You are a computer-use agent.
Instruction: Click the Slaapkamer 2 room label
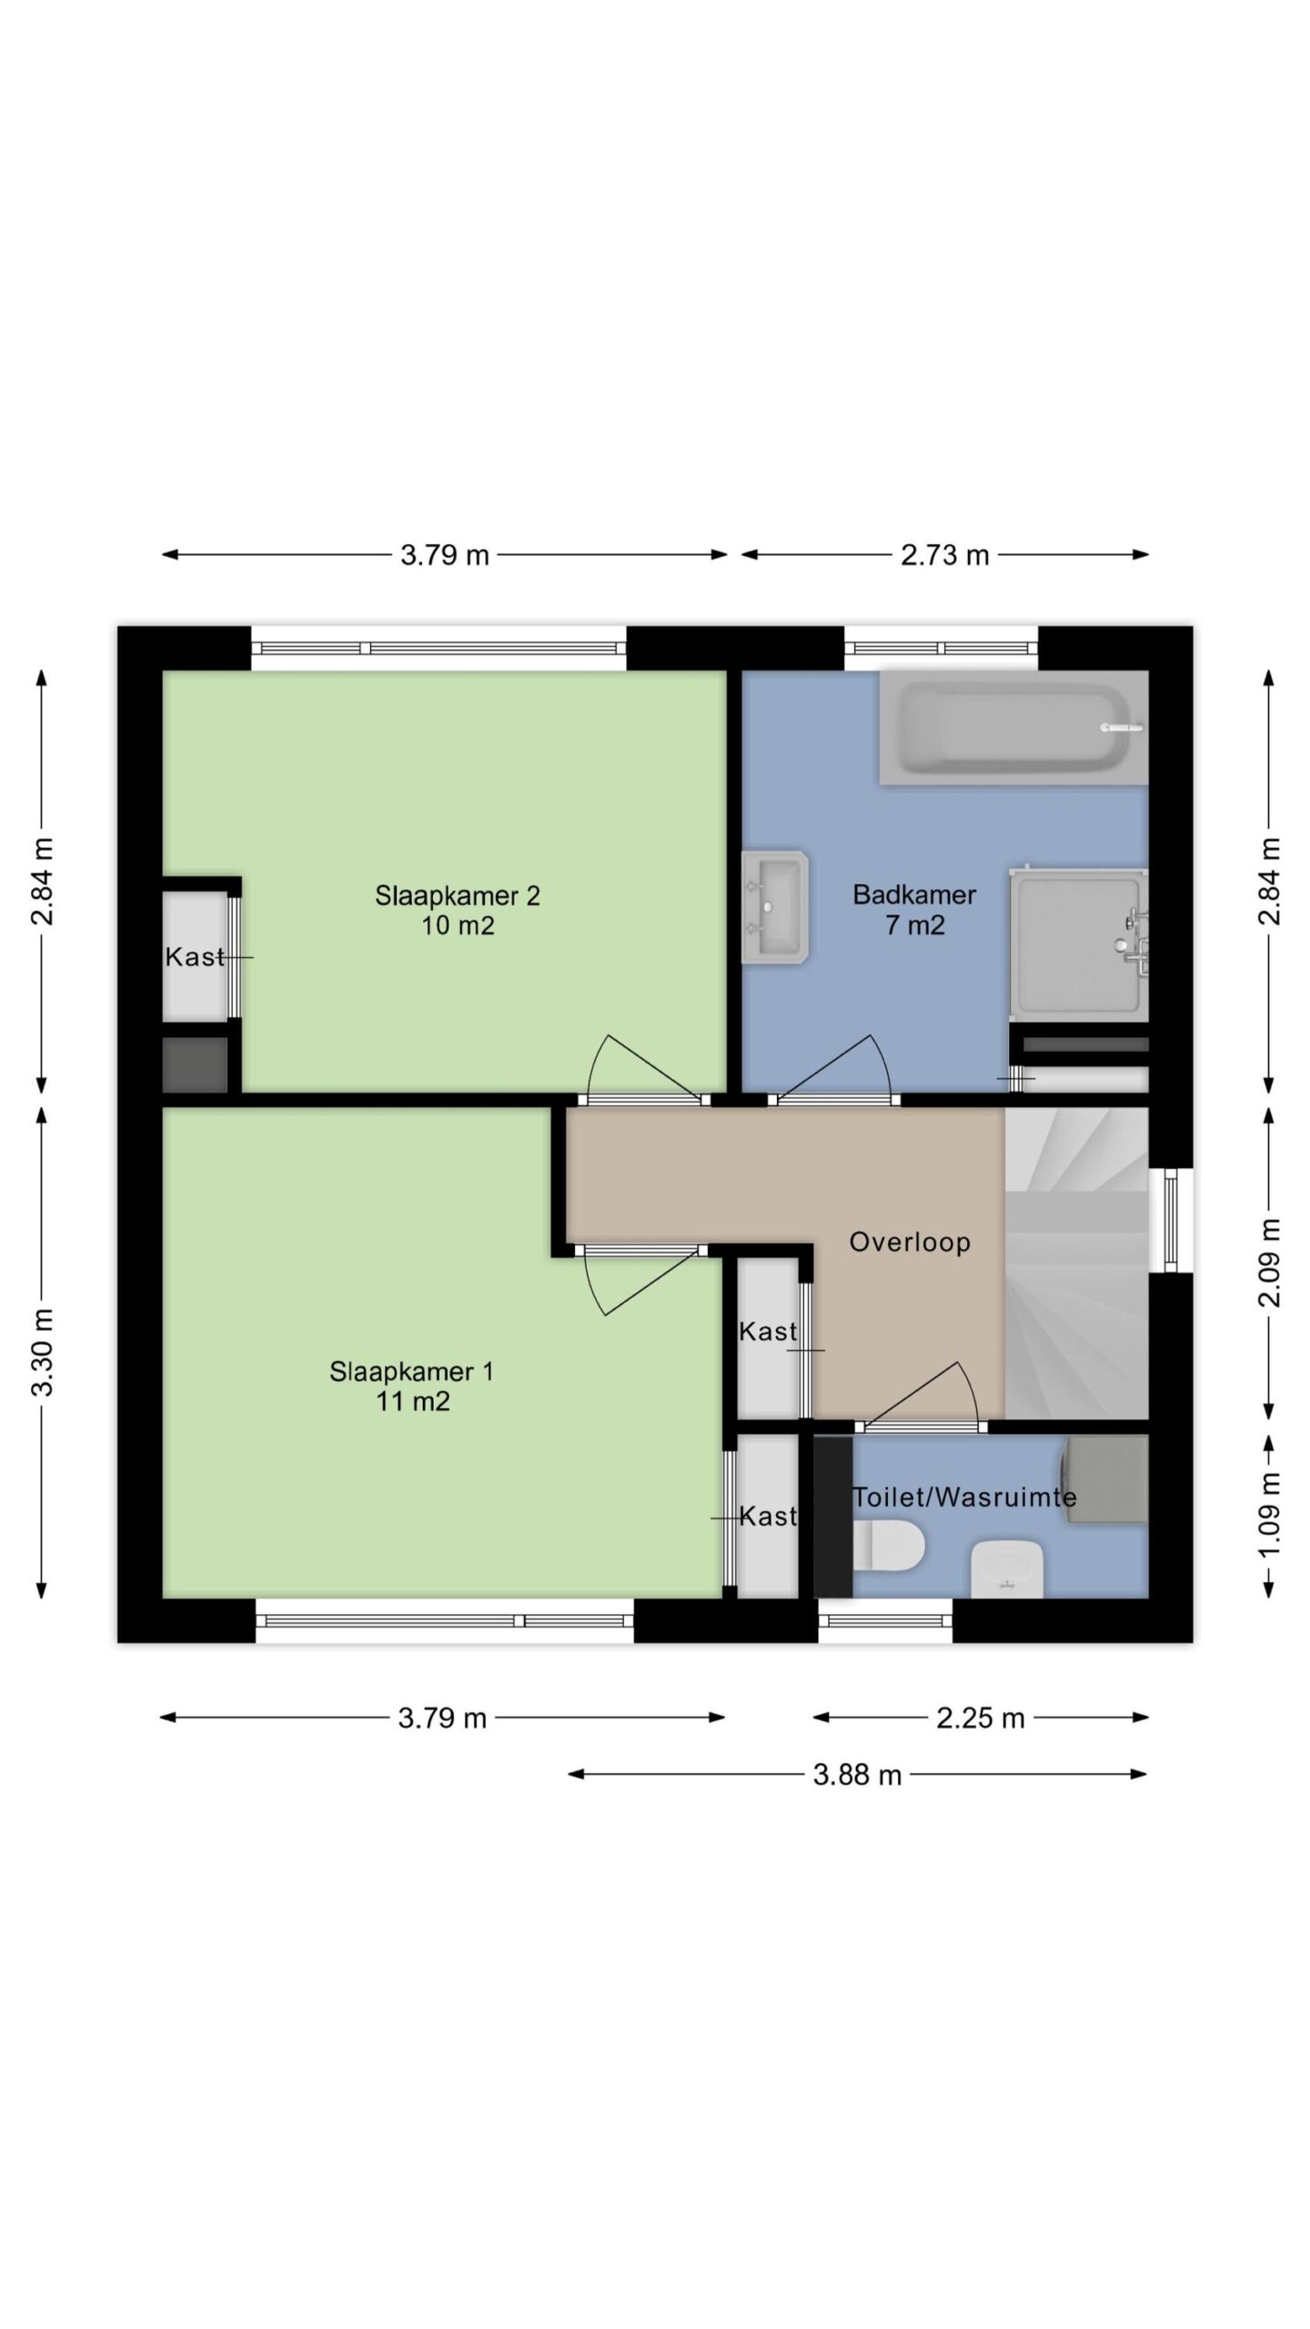[458, 910]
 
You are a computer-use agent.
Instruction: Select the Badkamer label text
[914, 895]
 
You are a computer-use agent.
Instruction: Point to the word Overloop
[910, 1242]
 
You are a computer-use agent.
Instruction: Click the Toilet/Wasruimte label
[964, 1497]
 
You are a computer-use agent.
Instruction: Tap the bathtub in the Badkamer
[1013, 728]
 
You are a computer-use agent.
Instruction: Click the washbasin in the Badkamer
[775, 907]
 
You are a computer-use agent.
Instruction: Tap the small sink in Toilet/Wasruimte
[1007, 1570]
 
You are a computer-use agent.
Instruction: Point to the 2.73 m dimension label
[945, 555]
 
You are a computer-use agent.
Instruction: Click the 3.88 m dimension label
[857, 1775]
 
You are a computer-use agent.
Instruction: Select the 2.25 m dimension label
[981, 1719]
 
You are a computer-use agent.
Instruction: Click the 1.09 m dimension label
[1270, 1516]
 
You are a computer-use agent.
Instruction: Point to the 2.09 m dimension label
[1270, 1262]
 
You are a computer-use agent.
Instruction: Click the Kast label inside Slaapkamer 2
[195, 957]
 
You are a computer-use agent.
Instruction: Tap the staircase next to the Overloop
[1076, 1263]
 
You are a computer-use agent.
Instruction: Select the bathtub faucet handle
[1122, 728]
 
